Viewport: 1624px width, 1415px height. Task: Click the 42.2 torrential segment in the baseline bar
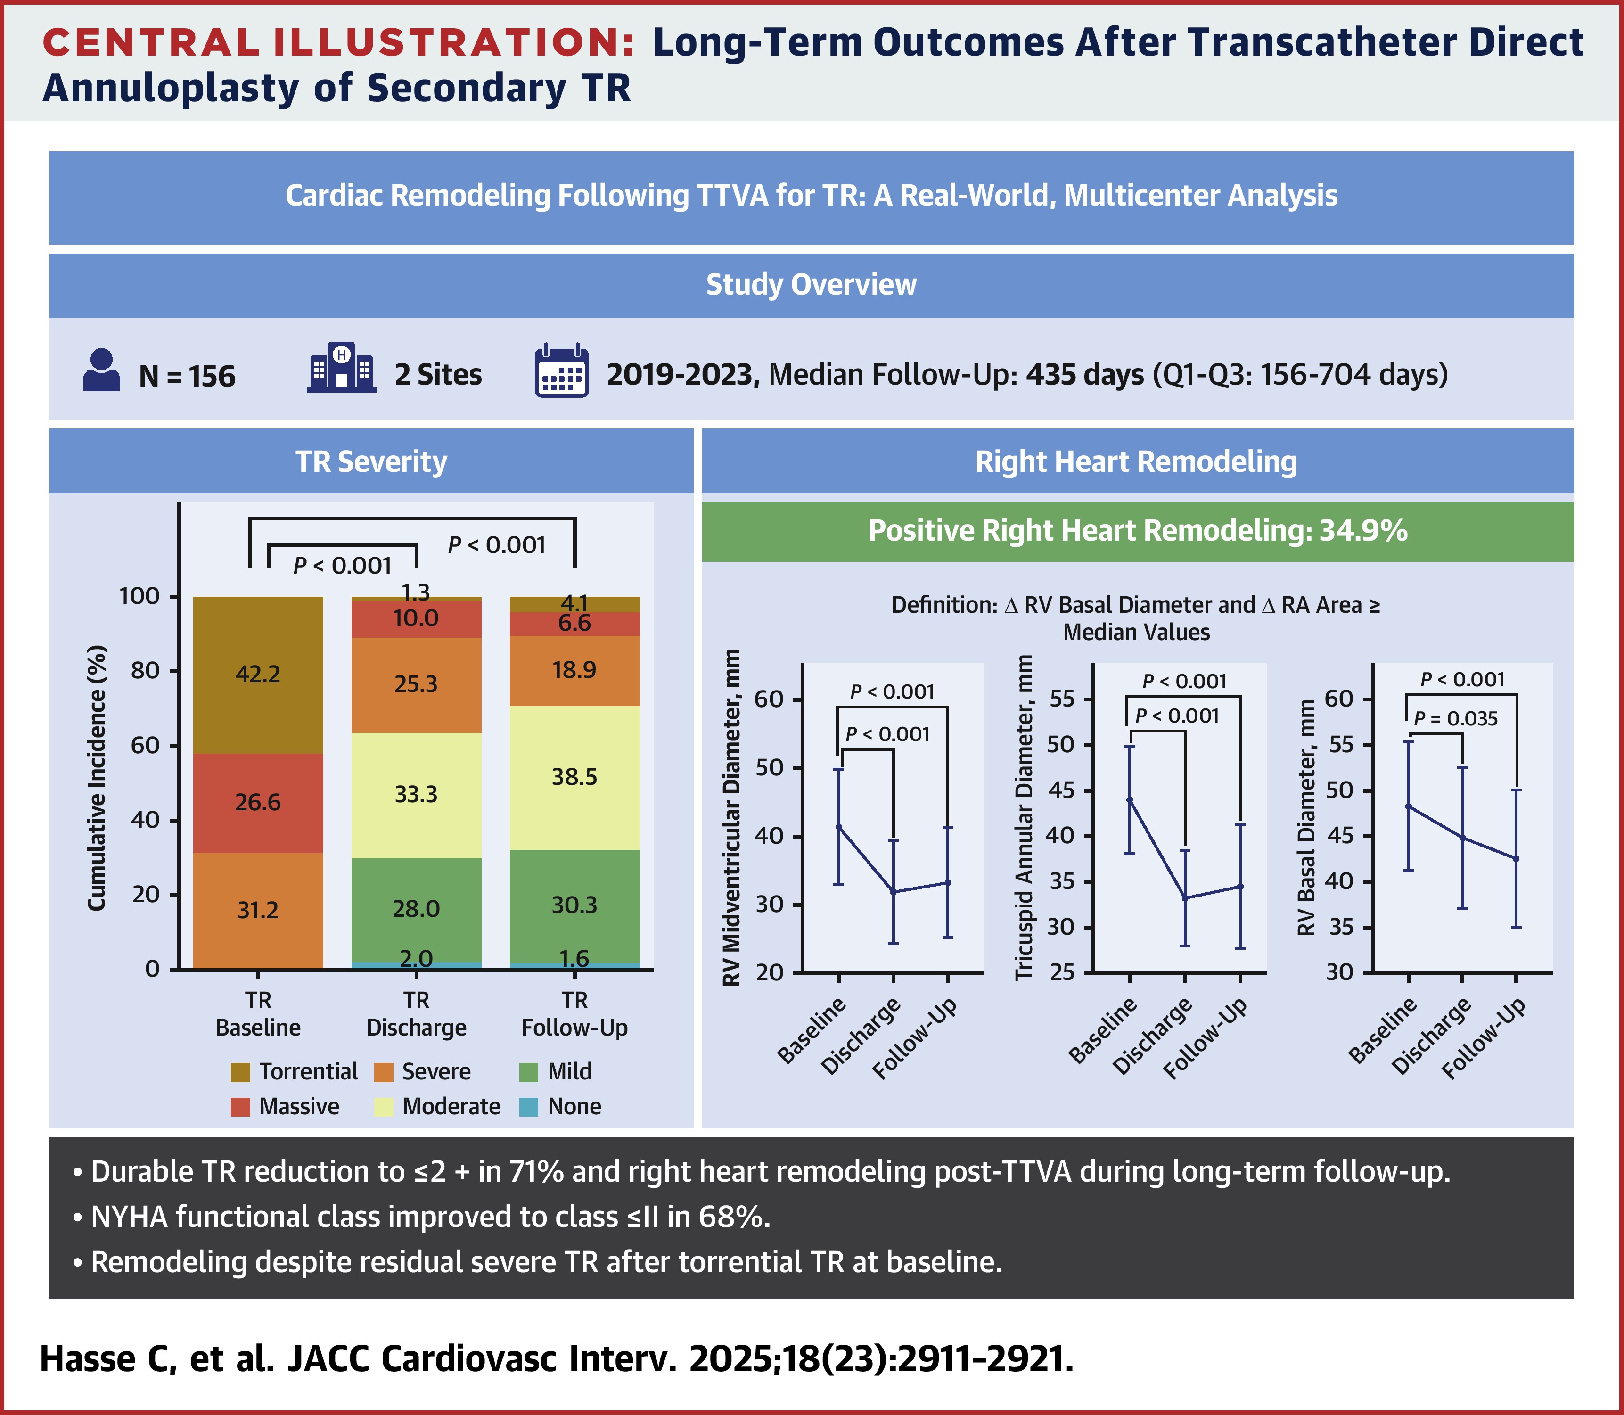[258, 675]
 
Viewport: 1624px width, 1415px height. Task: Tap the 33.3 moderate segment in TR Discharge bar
[416, 794]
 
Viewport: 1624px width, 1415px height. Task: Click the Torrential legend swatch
[240, 1071]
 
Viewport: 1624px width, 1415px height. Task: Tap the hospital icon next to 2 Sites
[341, 368]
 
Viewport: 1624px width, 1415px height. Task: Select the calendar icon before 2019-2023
[561, 370]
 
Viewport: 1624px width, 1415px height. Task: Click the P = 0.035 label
[1455, 718]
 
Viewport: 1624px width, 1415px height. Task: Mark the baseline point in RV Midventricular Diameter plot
[838, 827]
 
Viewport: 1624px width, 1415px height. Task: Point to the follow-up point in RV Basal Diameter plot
[1516, 858]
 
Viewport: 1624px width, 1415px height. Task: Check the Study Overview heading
[811, 285]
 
